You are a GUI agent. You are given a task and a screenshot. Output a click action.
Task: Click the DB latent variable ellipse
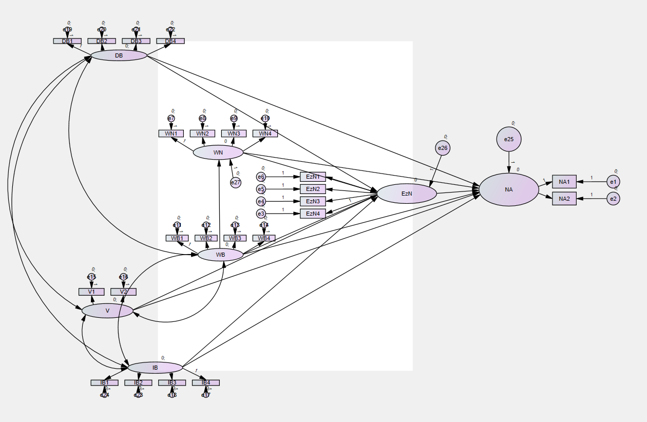tap(119, 55)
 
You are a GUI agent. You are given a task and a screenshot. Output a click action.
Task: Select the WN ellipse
tap(218, 152)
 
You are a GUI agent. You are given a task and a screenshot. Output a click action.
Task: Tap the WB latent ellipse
tap(220, 255)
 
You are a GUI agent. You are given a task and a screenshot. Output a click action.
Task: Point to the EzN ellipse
tap(407, 194)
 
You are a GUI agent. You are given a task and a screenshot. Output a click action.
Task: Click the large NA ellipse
tap(509, 189)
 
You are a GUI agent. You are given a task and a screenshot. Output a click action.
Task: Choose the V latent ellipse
tap(107, 311)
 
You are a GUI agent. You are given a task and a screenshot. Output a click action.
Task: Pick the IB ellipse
tap(155, 368)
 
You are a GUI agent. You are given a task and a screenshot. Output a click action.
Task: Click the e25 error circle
tap(509, 139)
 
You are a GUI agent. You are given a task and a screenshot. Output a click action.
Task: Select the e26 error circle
tap(442, 148)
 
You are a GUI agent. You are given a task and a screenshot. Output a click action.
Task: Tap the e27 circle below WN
tap(235, 182)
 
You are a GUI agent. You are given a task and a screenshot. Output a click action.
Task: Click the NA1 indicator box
tap(564, 181)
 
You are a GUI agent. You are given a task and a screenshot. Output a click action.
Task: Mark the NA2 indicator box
tap(564, 199)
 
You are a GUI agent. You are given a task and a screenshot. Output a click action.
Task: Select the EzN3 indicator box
tap(313, 201)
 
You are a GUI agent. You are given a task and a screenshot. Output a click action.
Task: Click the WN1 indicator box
tap(170, 133)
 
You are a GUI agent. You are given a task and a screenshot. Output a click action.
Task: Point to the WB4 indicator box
tap(263, 238)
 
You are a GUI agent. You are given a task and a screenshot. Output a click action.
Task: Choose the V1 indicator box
tap(91, 292)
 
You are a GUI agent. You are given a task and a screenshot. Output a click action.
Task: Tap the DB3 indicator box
tap(136, 41)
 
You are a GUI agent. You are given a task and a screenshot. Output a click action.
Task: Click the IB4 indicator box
tap(206, 382)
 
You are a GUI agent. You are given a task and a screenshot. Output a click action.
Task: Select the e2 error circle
tap(613, 199)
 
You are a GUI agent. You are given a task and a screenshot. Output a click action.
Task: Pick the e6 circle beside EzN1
tap(261, 177)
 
